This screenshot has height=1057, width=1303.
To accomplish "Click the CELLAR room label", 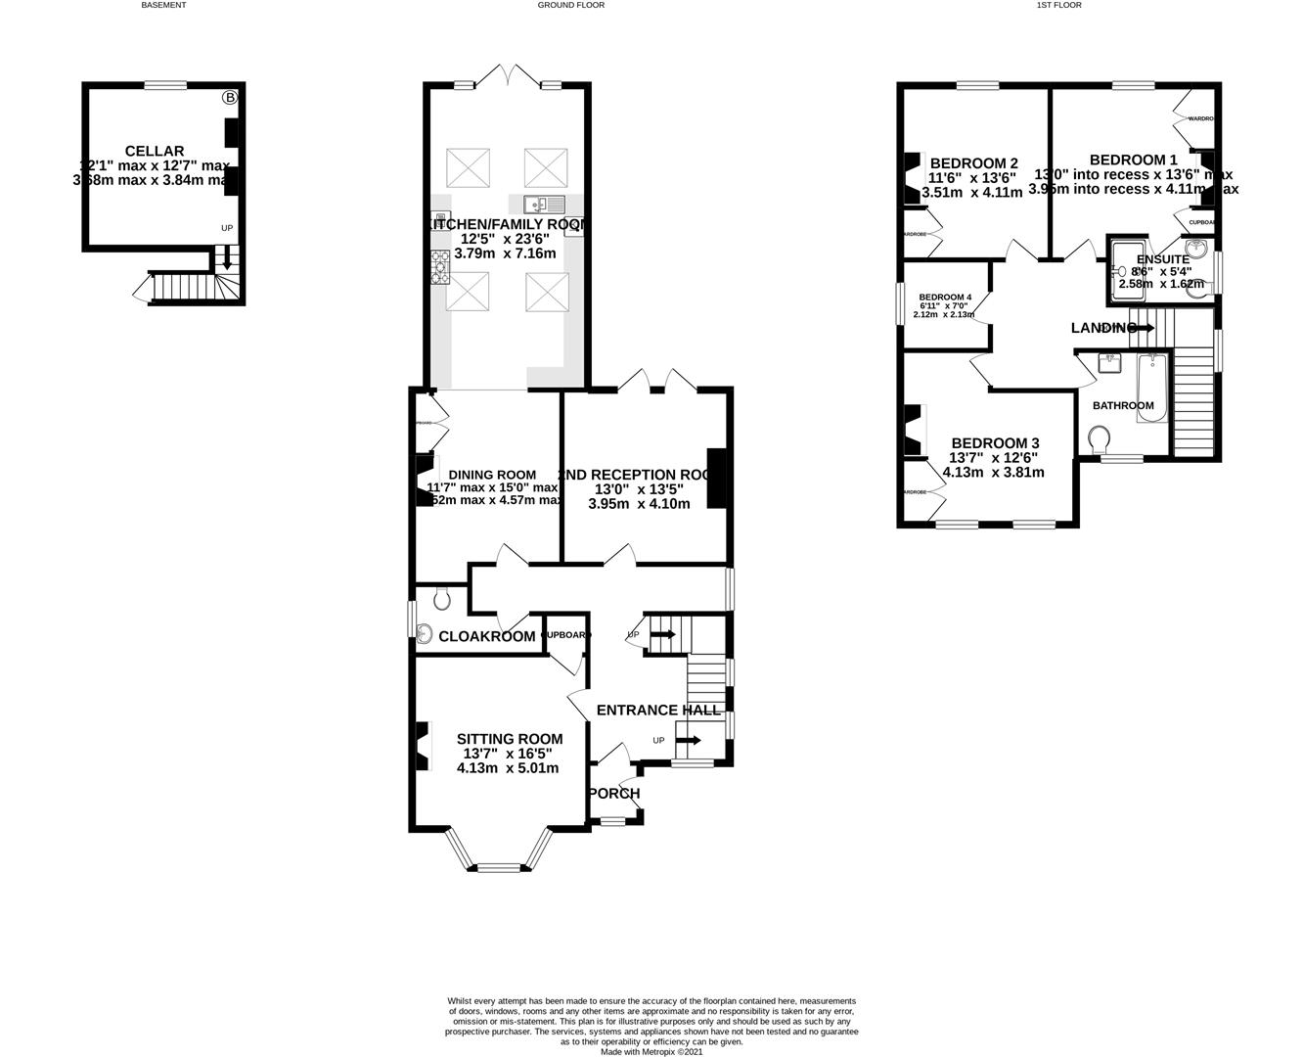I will [155, 151].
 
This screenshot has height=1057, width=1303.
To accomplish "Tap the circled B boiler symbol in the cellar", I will [230, 98].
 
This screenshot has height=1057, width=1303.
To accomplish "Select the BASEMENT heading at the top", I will [163, 5].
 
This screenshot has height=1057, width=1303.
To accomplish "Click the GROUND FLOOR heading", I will [571, 5].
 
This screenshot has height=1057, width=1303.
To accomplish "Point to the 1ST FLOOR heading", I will [1057, 5].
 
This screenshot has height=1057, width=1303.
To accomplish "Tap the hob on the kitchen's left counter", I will [440, 266].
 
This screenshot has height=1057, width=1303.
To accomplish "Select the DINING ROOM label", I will [485, 475].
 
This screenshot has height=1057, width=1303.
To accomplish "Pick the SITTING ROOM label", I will [510, 739].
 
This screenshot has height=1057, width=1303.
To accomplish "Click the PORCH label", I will [615, 794].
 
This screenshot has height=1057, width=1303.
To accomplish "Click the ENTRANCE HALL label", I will [658, 711].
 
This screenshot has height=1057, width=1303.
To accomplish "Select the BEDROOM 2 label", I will [973, 163].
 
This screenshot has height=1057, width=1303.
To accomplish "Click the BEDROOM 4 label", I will [944, 298].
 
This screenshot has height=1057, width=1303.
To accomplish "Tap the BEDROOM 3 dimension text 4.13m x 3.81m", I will [993, 472].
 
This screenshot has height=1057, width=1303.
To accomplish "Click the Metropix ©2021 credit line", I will [651, 1052].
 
